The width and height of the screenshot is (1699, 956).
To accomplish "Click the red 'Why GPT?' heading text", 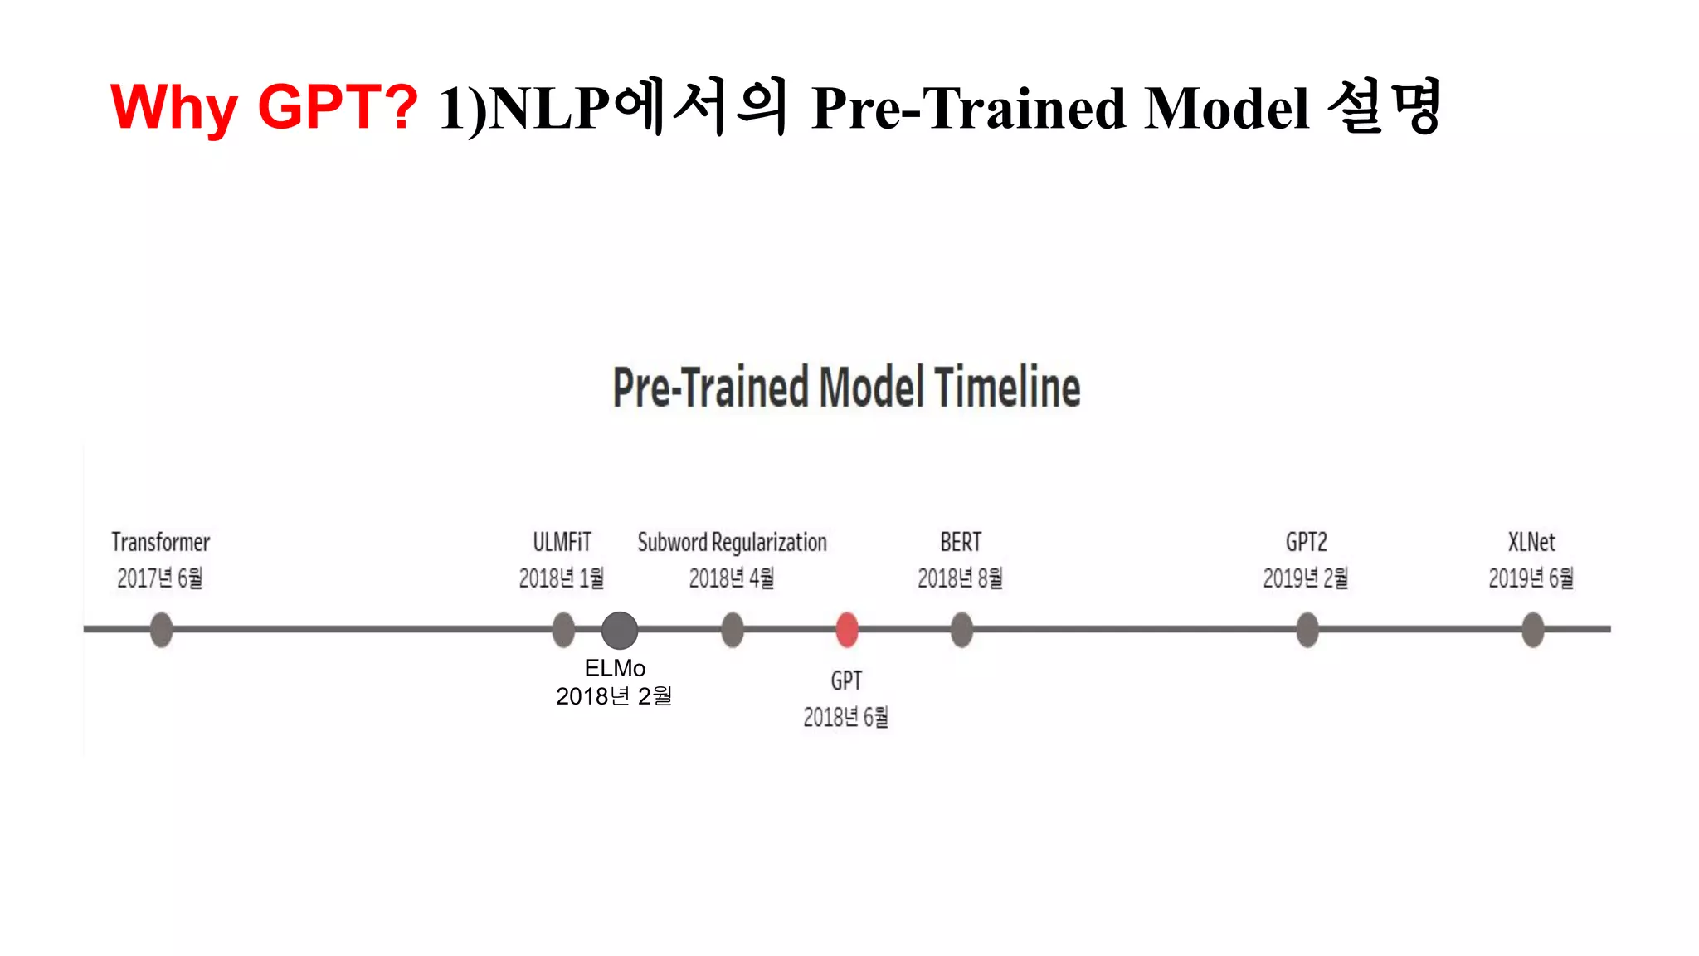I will [264, 107].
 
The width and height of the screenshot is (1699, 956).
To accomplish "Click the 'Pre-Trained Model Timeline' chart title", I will [846, 388].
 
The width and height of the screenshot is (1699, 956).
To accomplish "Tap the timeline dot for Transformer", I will [162, 629].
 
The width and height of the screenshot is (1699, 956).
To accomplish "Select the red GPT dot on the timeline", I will [847, 629].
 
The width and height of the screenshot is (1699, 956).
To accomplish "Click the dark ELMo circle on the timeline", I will [620, 630].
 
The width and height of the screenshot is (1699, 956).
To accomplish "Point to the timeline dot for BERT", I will [961, 629].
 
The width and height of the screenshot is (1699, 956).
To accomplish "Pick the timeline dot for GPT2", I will [1307, 629].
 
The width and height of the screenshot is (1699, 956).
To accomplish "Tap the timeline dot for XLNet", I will [1533, 629].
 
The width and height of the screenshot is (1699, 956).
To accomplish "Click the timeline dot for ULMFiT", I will [563, 629].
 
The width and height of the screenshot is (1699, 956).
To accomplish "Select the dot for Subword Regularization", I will [733, 629].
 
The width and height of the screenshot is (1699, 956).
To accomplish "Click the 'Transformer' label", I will [161, 542].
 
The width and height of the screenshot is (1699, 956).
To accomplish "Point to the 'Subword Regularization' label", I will [732, 542].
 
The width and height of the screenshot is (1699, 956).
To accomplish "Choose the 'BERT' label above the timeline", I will [961, 542].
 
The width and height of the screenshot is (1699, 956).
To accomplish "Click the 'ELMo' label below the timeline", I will [615, 668].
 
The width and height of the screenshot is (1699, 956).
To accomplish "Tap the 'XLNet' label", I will [1531, 542].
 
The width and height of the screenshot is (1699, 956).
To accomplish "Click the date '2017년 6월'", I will [160, 578].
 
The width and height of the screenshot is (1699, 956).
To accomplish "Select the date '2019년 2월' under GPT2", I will [1306, 578].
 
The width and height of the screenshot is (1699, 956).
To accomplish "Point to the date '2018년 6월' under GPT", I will [845, 717].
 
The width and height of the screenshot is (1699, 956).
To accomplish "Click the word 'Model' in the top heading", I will [1226, 109].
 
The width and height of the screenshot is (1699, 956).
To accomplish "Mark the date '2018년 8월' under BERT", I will [960, 578].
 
